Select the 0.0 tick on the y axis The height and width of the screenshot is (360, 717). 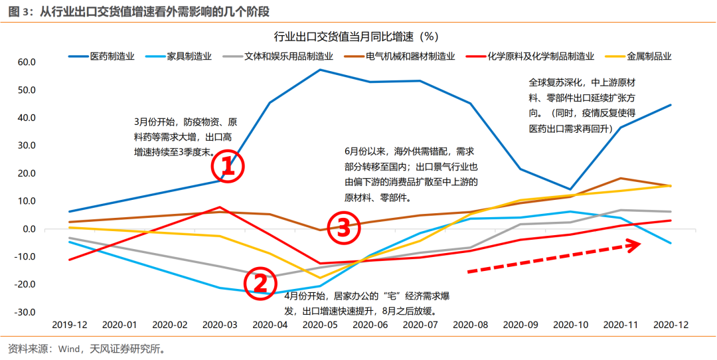click(29, 229)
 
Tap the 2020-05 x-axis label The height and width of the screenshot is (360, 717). click(320, 325)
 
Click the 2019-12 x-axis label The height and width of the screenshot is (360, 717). click(69, 325)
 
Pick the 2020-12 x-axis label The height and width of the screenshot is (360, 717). click(671, 325)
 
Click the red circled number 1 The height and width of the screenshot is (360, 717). click(228, 167)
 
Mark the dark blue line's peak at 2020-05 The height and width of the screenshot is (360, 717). click(320, 70)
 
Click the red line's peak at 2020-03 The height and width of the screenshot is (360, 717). click(220, 207)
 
